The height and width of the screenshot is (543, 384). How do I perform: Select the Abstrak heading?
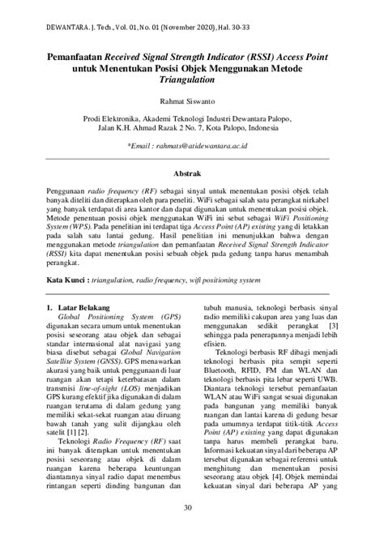click(x=192, y=173)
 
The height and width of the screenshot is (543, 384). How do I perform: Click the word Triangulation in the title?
click(x=192, y=80)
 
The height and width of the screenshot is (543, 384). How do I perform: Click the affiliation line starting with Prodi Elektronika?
click(x=192, y=118)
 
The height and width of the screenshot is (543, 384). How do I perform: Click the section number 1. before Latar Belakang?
click(x=50, y=308)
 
